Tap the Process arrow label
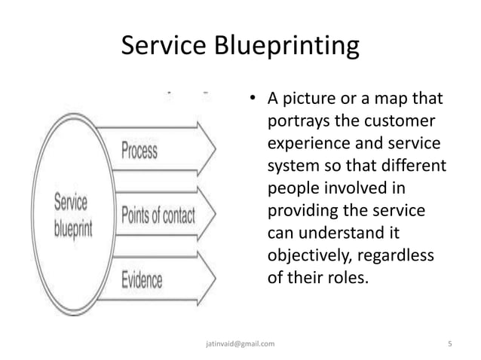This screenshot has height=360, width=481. (x=139, y=151)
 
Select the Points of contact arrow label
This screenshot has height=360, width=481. (x=158, y=215)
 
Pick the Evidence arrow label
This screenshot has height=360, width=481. (x=142, y=280)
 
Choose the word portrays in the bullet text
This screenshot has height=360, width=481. (x=296, y=122)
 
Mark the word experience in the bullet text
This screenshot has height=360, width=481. (x=305, y=143)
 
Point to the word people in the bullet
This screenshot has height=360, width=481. (x=290, y=186)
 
